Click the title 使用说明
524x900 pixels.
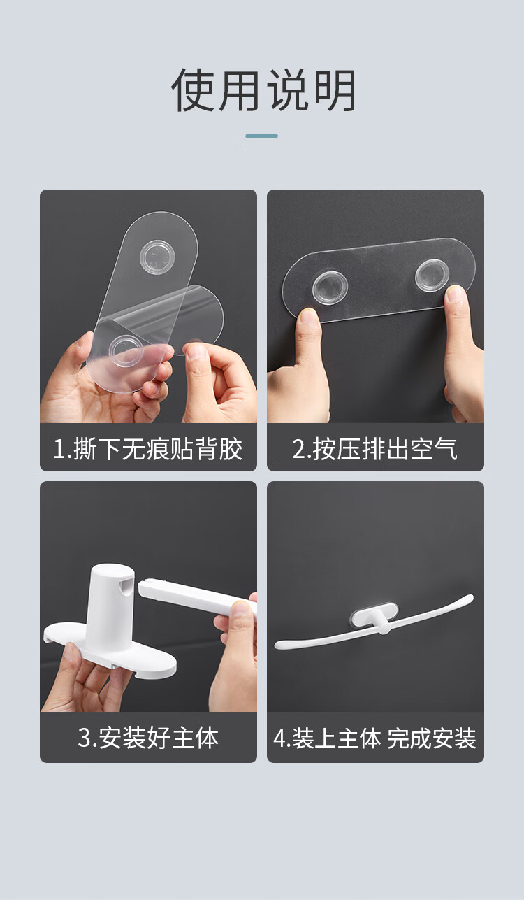[263, 90]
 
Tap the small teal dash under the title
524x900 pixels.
[261, 136]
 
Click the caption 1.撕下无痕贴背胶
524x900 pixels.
[147, 449]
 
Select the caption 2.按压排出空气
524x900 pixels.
[374, 449]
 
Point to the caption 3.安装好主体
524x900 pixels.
[148, 738]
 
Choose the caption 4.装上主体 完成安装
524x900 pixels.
[374, 738]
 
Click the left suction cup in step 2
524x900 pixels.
[330, 287]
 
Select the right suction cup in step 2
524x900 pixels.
[432, 276]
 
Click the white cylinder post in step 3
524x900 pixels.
[109, 607]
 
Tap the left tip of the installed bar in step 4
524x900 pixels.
[277, 645]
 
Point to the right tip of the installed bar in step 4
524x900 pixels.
[471, 598]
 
